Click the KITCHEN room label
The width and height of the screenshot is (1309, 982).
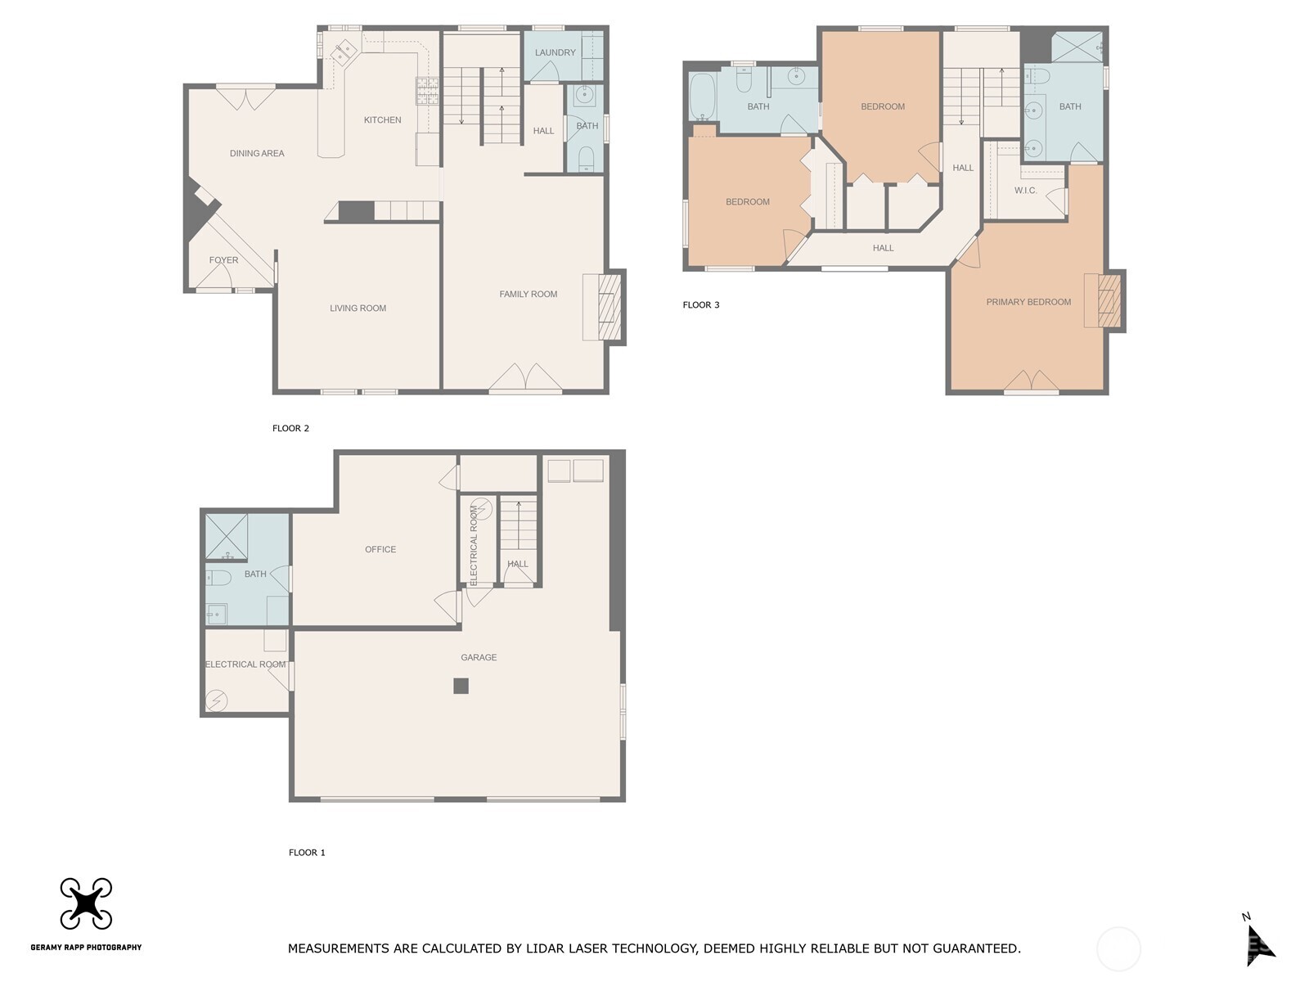click(x=382, y=120)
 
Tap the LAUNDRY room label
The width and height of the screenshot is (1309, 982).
click(x=555, y=52)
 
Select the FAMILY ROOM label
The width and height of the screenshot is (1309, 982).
click(x=528, y=294)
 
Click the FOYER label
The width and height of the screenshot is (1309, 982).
click(x=223, y=260)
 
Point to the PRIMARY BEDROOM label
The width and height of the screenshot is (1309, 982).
click(x=1028, y=302)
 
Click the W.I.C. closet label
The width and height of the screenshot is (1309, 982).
click(x=1025, y=191)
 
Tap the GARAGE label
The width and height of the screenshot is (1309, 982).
click(x=479, y=657)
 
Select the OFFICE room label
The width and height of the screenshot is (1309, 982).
click(x=380, y=549)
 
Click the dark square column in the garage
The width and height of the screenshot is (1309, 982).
click(x=461, y=686)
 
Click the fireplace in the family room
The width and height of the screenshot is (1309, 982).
click(x=610, y=307)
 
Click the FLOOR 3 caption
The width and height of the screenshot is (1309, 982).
click(x=701, y=305)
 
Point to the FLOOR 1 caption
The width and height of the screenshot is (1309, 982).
click(x=307, y=853)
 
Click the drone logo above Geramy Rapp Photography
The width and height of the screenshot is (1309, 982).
click(x=86, y=903)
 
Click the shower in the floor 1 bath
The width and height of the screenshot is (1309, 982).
click(x=225, y=536)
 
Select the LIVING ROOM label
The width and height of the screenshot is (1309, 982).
click(x=358, y=309)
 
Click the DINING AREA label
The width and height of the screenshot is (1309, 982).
click(x=257, y=153)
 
